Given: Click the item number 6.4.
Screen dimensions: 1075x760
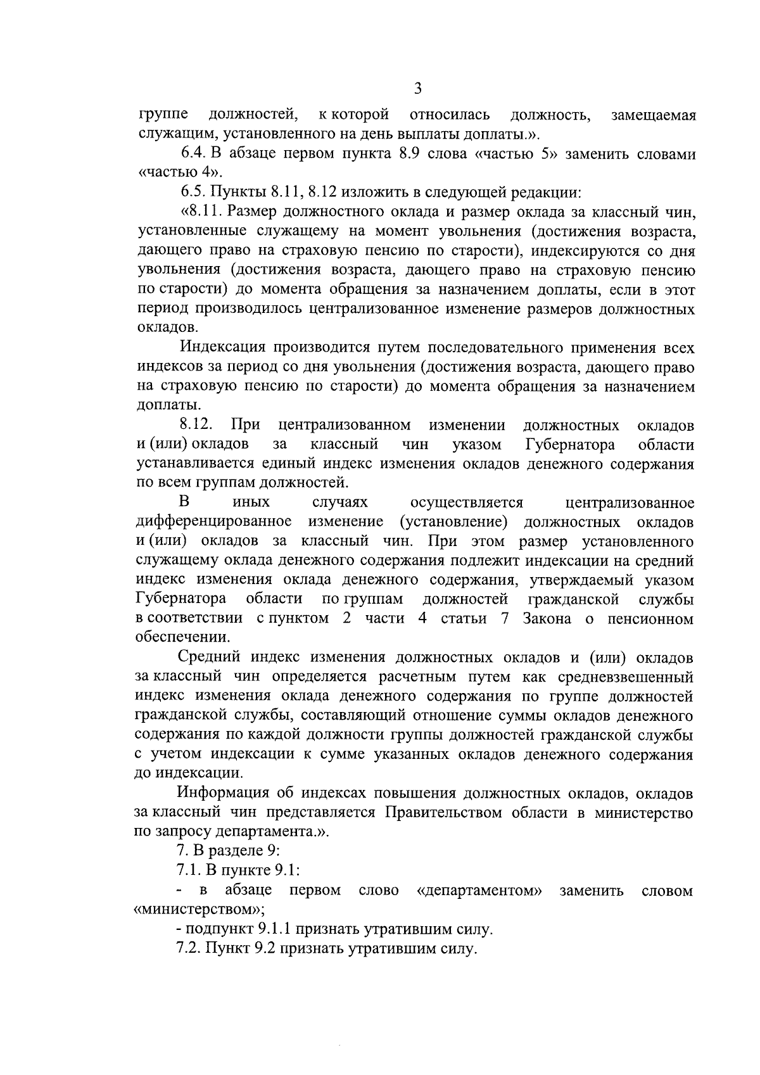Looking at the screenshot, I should [x=194, y=154].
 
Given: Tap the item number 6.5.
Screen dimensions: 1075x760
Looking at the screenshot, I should [x=194, y=192].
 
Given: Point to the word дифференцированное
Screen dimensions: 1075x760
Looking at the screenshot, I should [x=213, y=522].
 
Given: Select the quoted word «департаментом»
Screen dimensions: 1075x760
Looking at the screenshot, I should [x=480, y=891].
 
